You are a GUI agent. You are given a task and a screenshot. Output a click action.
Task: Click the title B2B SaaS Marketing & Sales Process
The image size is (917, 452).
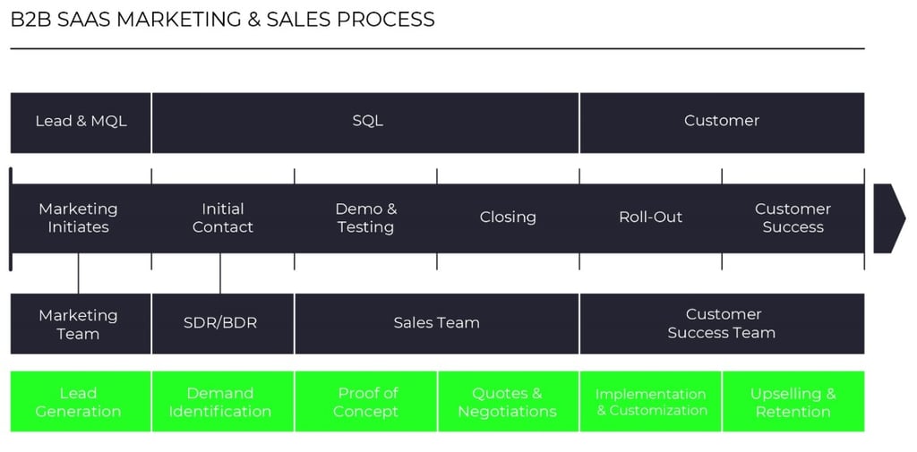point(222,20)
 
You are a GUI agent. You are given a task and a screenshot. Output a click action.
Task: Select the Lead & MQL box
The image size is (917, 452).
point(81,122)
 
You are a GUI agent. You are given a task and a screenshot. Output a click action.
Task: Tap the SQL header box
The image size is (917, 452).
point(366,122)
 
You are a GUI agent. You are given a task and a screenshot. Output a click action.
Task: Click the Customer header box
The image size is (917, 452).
point(722,122)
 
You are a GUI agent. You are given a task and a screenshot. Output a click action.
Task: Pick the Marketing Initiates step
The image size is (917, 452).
point(79,218)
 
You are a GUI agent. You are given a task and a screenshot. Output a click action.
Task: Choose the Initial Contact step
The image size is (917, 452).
point(222,218)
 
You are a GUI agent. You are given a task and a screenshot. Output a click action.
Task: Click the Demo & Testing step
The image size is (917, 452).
point(365,218)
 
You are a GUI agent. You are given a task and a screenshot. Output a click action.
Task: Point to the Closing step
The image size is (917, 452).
point(508,217)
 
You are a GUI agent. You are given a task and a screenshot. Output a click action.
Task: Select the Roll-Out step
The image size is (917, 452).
point(651,217)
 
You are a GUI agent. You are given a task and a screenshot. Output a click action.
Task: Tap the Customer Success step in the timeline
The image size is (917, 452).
point(793,218)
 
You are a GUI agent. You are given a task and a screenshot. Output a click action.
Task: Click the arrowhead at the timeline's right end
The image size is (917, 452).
point(888,217)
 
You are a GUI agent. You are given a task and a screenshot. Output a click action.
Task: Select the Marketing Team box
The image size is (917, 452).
point(79,324)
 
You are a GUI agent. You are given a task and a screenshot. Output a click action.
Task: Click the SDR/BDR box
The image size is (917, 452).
point(220,323)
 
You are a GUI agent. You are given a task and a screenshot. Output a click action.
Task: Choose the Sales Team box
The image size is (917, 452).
point(436,323)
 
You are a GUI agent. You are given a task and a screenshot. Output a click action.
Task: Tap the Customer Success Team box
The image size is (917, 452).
point(722,323)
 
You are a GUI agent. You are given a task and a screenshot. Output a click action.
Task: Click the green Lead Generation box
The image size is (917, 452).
point(79,402)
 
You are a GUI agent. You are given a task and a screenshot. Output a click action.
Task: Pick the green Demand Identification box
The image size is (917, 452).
point(220,402)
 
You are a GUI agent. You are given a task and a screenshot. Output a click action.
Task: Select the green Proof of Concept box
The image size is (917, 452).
point(365,402)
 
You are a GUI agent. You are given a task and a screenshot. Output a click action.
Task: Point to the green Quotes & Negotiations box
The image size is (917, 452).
point(508,402)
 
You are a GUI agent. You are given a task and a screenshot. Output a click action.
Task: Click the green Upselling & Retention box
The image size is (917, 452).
point(793,402)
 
